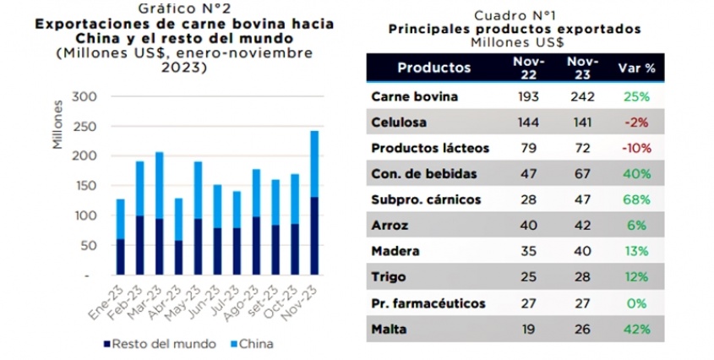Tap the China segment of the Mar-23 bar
click(158, 185)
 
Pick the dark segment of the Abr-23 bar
click(179, 257)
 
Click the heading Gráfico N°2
click(183, 9)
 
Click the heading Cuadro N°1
click(514, 15)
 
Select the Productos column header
click(434, 67)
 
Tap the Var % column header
click(637, 67)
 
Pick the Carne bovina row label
click(414, 95)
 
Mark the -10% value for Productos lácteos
click(637, 149)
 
